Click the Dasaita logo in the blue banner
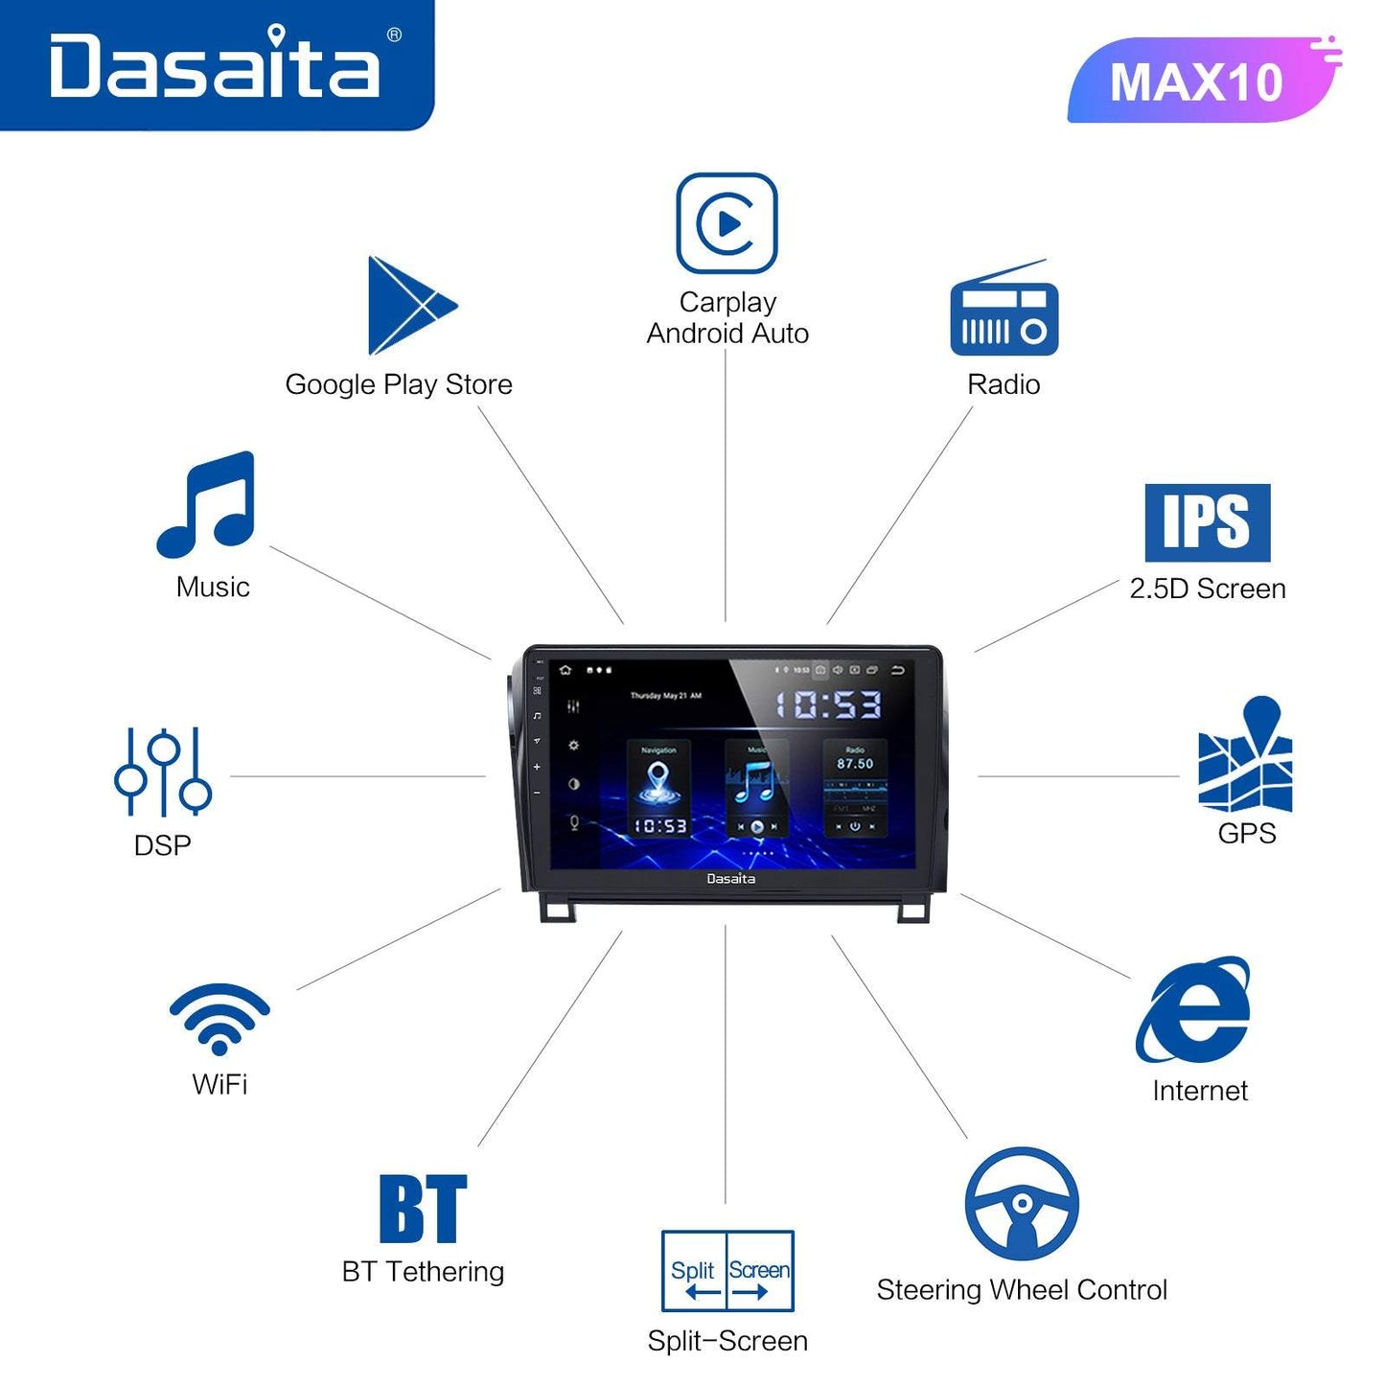[x=216, y=64]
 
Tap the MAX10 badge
[x=1197, y=81]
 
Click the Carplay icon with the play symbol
[x=727, y=223]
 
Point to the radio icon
[x=1004, y=311]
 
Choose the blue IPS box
[x=1207, y=522]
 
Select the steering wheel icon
[x=1022, y=1204]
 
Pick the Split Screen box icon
[x=727, y=1271]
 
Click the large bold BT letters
[x=423, y=1209]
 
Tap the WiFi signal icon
[x=219, y=1018]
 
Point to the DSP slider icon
[x=163, y=772]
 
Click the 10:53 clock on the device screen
[x=827, y=705]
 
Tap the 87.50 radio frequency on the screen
[x=855, y=764]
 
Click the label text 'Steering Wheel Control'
[x=1022, y=1290]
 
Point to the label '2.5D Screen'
[x=1208, y=589]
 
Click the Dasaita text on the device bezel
[x=730, y=879]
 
